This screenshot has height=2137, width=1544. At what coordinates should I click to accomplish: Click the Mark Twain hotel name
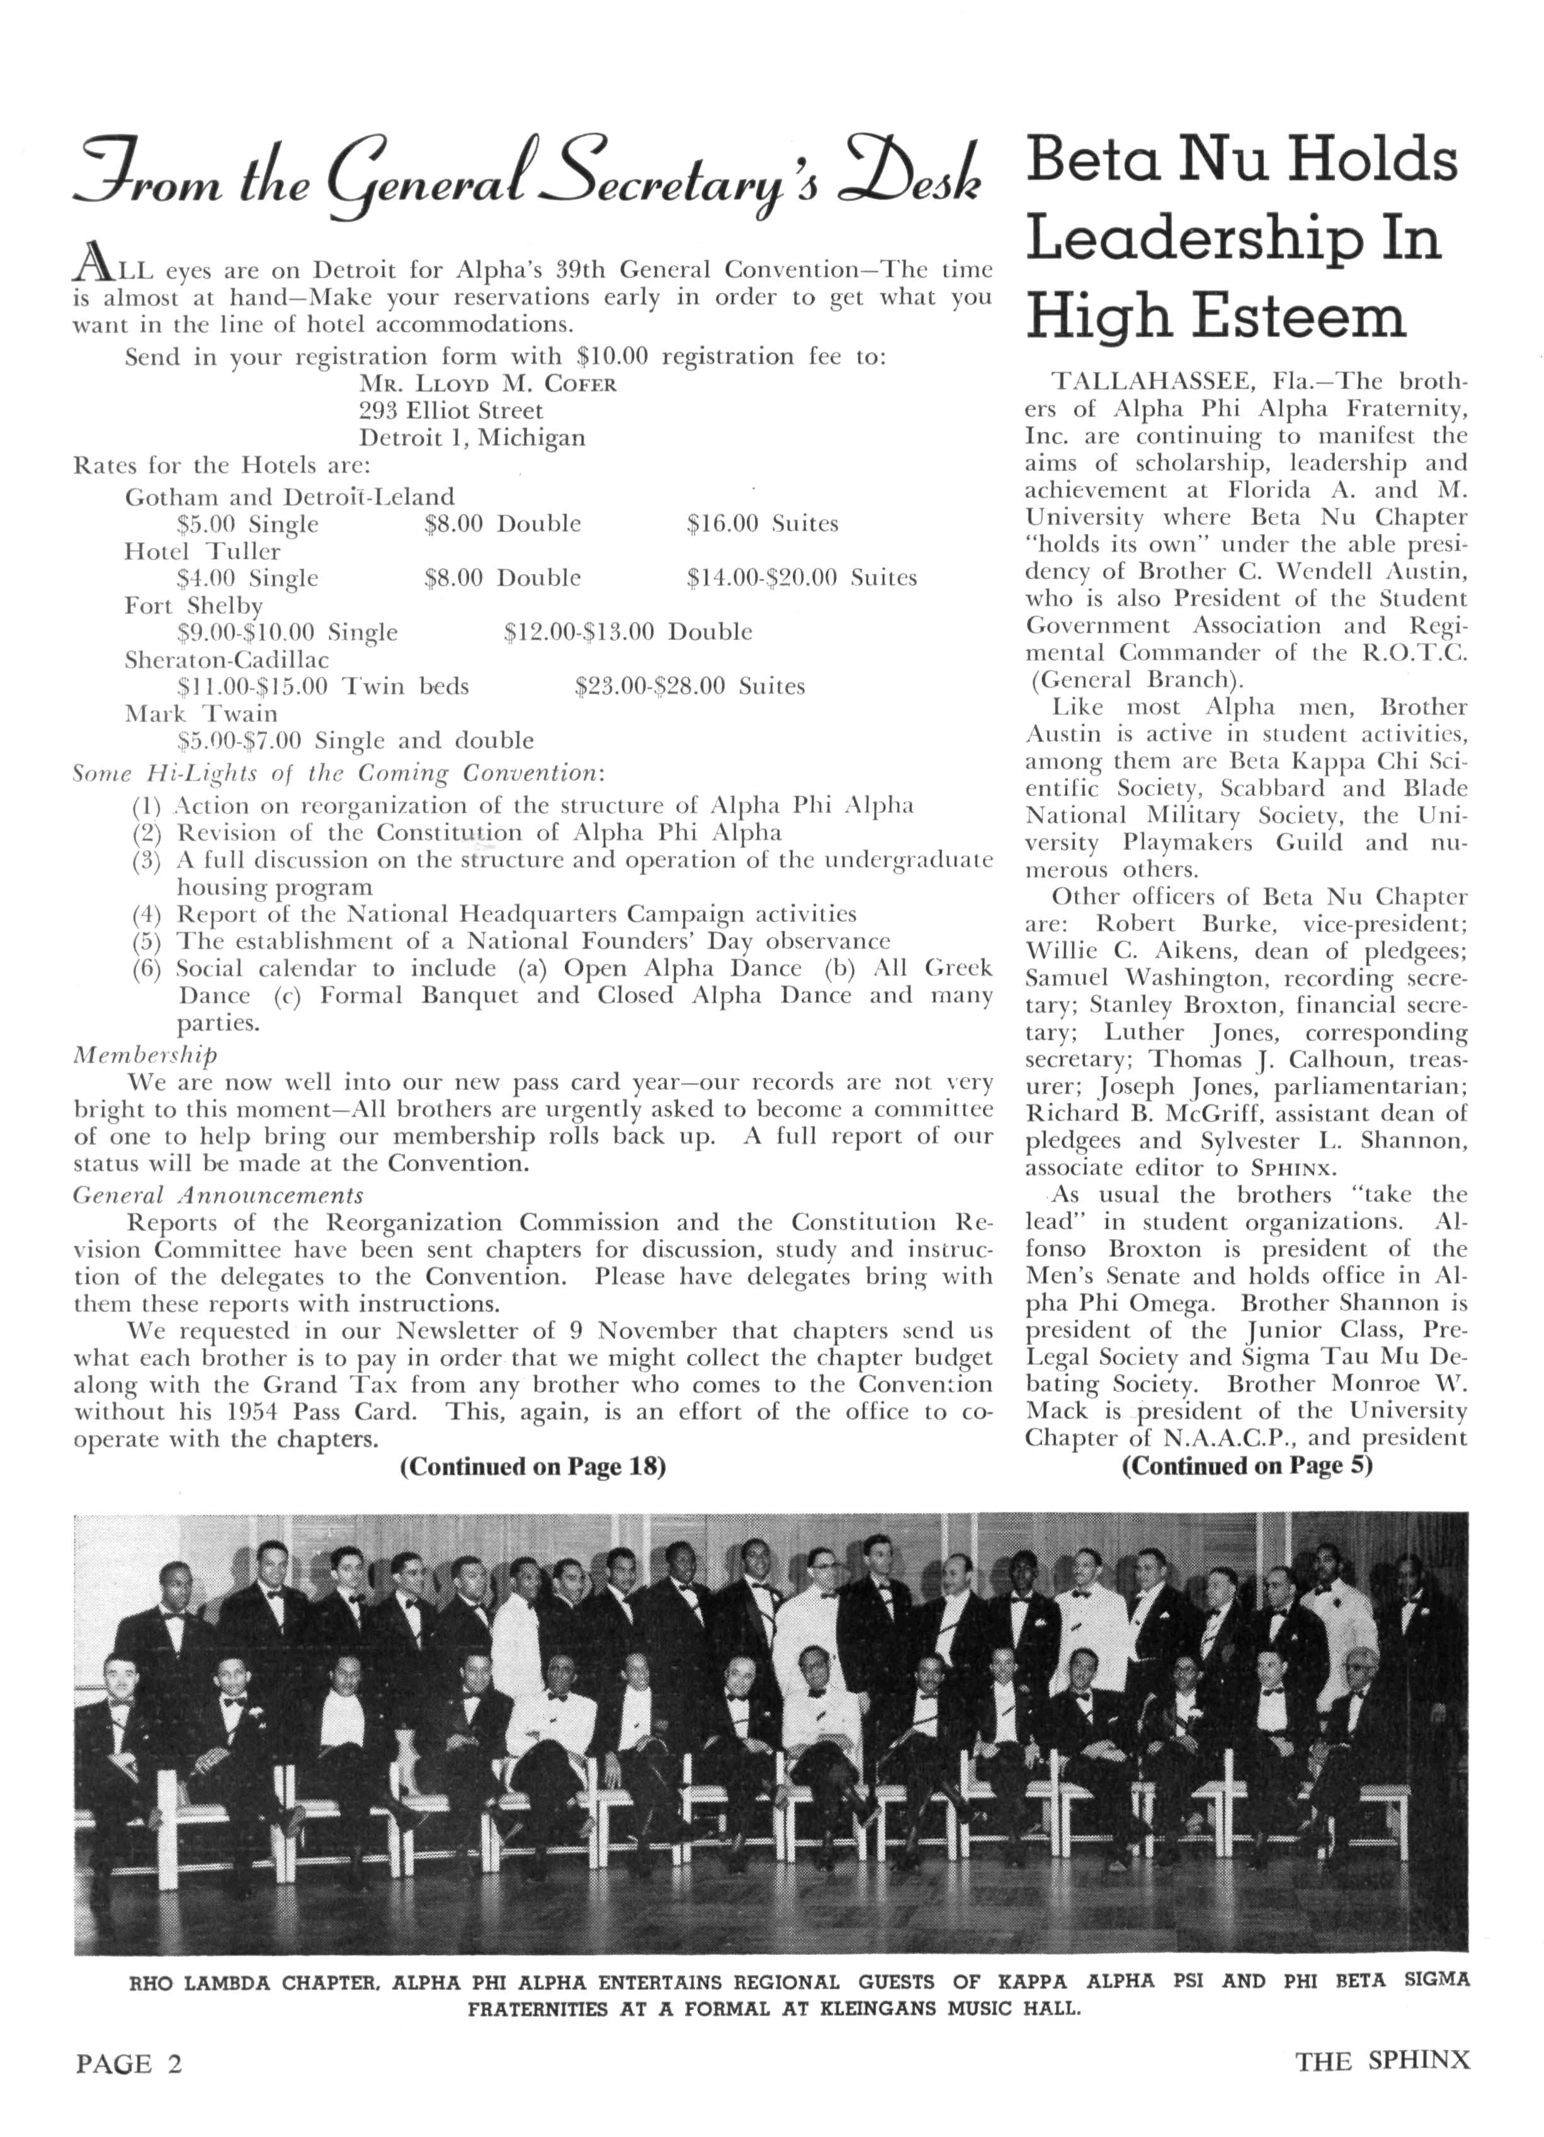pyautogui.click(x=201, y=713)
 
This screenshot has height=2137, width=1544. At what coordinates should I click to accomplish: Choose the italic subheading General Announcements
pyautogui.click(x=218, y=1195)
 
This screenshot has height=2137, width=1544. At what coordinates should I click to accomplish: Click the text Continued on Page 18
pyautogui.click(x=533, y=1466)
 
